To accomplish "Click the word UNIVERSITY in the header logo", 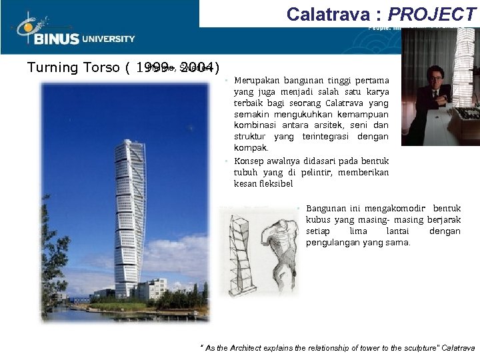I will pos(108,39).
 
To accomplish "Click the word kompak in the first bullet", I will pos(250,147).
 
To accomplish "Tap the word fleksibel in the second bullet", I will pos(274,183).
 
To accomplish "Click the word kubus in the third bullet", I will pos(318,219).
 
